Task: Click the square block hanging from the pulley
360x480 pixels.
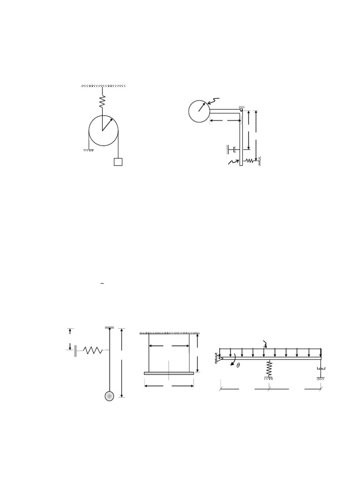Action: click(118, 162)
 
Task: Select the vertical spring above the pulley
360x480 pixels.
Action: click(103, 101)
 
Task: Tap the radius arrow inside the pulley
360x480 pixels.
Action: click(108, 124)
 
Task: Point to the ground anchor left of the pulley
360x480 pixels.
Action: click(89, 150)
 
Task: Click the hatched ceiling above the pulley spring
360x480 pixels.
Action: click(103, 86)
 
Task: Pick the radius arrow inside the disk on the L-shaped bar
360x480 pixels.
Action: click(202, 107)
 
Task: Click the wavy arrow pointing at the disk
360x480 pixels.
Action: click(213, 101)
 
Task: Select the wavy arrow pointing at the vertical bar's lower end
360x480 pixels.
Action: click(233, 162)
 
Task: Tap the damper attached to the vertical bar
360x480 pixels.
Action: click(234, 150)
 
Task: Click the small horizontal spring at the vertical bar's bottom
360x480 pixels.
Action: click(250, 160)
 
